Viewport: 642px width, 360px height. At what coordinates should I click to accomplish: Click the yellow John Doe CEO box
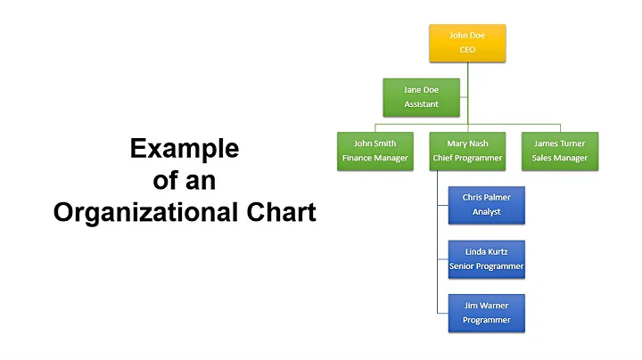click(467, 43)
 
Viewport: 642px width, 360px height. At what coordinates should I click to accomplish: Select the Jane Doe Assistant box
click(423, 96)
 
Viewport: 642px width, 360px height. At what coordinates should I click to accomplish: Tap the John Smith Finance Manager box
click(374, 151)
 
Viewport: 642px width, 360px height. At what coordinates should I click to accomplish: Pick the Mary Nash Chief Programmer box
click(467, 151)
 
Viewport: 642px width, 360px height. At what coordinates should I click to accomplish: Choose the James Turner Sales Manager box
click(560, 151)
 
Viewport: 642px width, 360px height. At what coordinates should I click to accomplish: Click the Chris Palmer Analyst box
click(487, 204)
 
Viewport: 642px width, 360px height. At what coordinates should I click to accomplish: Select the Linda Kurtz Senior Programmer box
click(487, 258)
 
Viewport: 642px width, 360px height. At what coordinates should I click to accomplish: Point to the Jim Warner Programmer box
click(487, 312)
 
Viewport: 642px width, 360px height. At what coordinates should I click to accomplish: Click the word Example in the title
click(185, 149)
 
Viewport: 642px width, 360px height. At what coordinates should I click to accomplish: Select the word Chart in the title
click(284, 213)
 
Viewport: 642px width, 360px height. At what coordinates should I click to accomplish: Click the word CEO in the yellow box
click(467, 50)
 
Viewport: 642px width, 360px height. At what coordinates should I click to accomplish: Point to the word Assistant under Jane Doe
click(422, 104)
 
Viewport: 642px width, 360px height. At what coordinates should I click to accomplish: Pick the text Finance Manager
click(374, 159)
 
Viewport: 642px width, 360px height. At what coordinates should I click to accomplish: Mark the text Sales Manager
click(560, 159)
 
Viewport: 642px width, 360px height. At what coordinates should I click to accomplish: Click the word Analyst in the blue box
click(487, 212)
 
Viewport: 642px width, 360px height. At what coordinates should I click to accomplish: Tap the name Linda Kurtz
click(487, 251)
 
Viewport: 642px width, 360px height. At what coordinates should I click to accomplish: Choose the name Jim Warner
click(487, 305)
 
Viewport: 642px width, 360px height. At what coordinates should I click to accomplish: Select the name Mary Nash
click(467, 143)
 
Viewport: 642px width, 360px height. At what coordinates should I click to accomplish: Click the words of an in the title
click(185, 181)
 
